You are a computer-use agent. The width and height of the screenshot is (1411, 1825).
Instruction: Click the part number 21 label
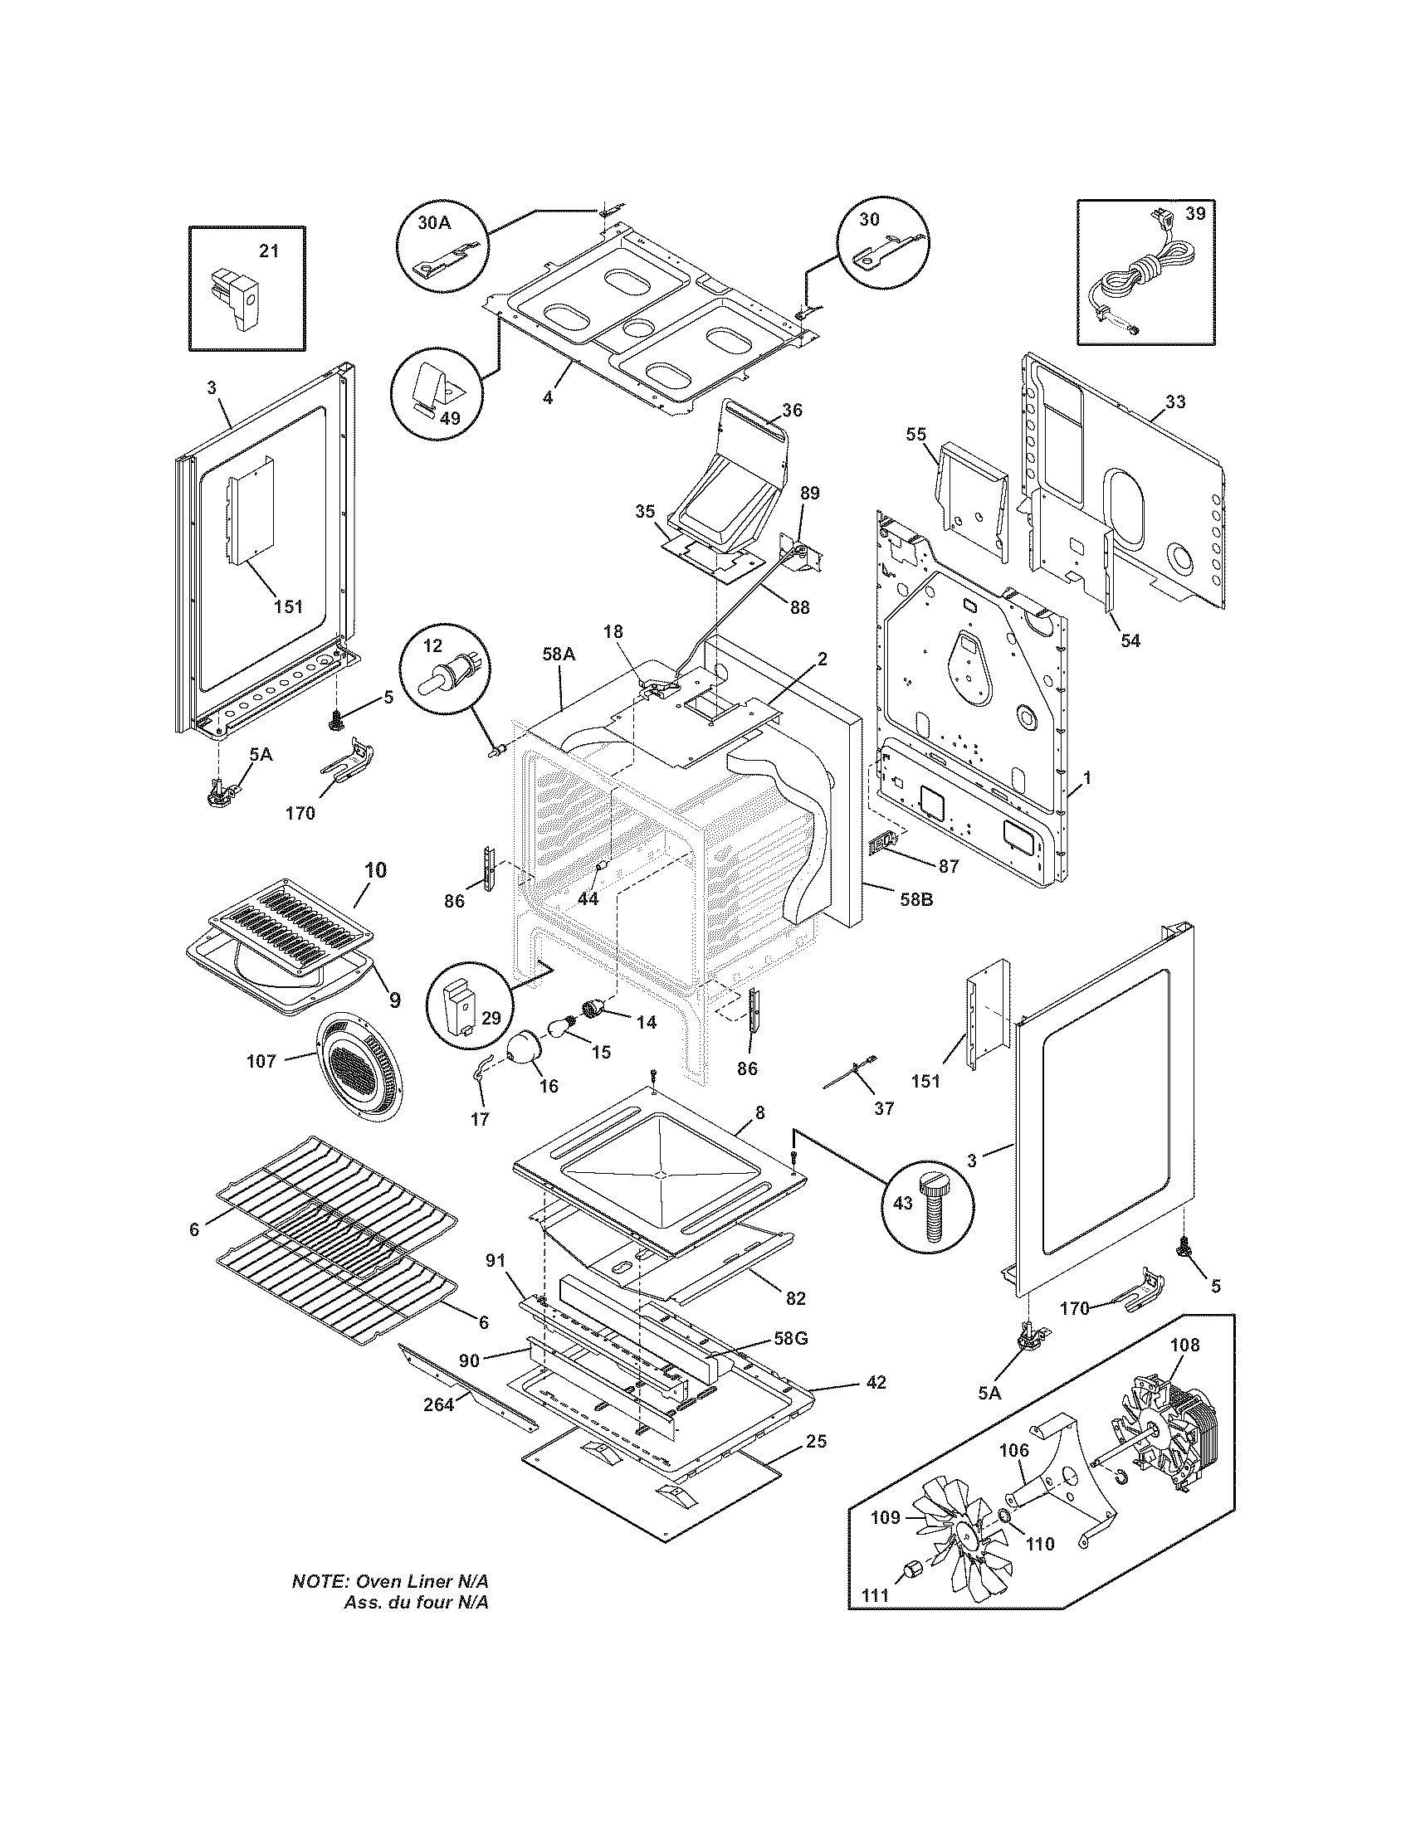click(268, 251)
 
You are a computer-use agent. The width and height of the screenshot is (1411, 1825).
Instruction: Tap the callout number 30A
click(434, 223)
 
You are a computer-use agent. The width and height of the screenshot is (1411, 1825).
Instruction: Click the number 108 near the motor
click(1184, 1345)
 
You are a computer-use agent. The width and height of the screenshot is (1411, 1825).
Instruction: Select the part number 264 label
click(438, 1404)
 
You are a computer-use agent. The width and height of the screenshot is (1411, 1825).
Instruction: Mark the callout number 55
click(916, 434)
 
